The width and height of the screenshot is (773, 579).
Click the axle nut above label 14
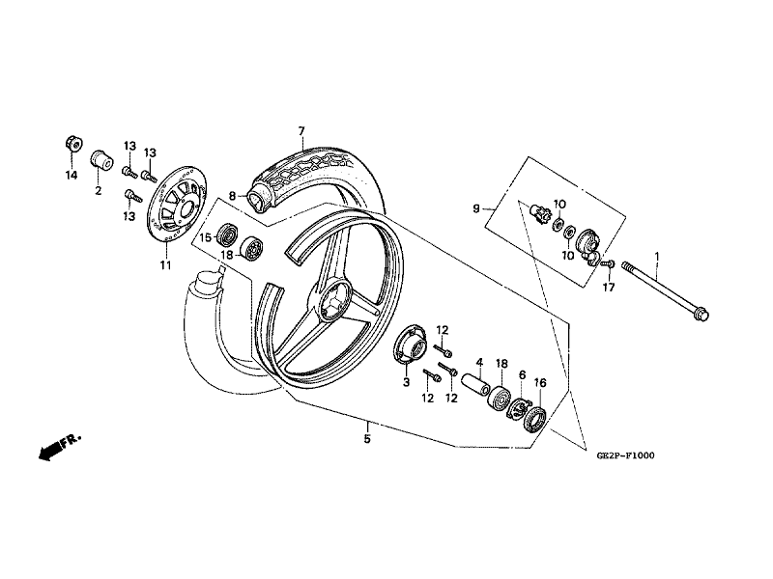73,144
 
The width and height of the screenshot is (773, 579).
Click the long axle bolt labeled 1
665,290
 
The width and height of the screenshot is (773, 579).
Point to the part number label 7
301,131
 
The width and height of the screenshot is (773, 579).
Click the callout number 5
367,438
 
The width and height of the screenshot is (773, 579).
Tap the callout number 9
475,208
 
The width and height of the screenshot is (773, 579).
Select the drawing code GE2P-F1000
625,455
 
